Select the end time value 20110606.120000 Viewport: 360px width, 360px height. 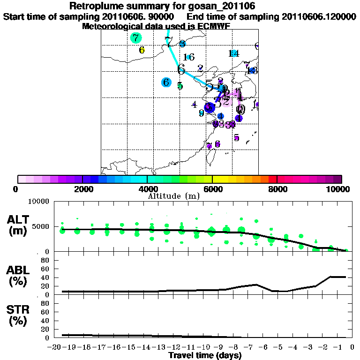[315, 16]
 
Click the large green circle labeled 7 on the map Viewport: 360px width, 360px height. [135, 38]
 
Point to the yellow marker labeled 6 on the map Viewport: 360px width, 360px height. [142, 50]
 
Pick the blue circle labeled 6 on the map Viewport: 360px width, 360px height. [166, 82]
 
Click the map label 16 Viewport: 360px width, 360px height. [188, 57]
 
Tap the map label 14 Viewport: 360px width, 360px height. [233, 53]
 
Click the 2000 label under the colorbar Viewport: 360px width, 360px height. [82, 189]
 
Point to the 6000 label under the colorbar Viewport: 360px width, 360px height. [212, 189]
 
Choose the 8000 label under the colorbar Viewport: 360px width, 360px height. [277, 189]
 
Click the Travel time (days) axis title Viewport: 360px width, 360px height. [205, 355]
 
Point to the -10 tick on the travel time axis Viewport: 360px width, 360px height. [204, 347]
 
